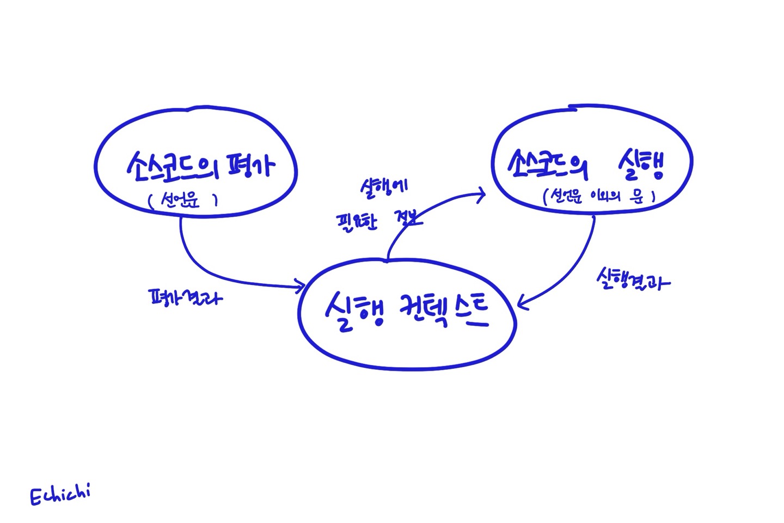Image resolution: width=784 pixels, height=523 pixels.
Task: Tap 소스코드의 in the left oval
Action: [x=171, y=165]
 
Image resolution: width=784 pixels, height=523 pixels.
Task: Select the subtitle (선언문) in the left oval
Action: [x=183, y=201]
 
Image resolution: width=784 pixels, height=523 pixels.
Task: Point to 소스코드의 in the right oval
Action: [x=547, y=163]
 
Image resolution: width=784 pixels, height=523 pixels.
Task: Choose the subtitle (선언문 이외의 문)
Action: [x=598, y=196]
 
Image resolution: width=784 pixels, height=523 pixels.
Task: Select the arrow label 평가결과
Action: [x=186, y=297]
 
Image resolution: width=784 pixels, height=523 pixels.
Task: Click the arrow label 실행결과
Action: [x=633, y=279]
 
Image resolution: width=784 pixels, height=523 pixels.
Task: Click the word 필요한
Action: [x=357, y=222]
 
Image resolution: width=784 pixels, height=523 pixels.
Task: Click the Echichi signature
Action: [x=60, y=495]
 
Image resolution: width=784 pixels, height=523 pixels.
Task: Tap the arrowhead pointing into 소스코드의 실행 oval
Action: [x=481, y=194]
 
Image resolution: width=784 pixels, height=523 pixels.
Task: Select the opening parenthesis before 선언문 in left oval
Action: [x=151, y=202]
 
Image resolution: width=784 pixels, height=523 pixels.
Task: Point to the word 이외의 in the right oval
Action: [x=602, y=196]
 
